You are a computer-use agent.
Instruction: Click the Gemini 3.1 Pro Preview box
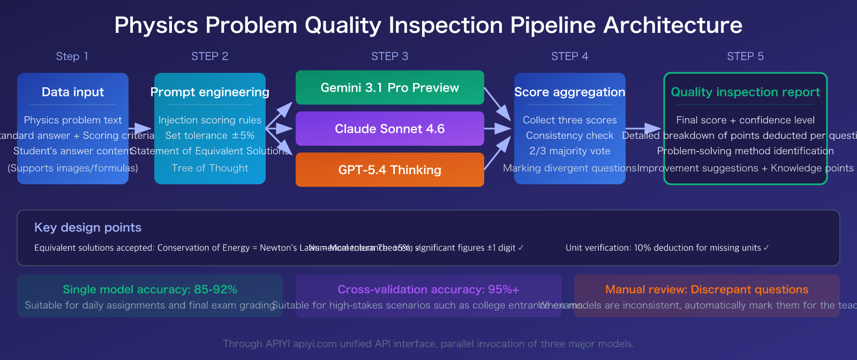tap(389, 88)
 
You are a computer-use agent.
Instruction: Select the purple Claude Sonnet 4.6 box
tap(389, 129)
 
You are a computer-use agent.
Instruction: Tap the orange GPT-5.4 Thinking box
tap(389, 170)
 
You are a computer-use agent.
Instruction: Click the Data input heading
tap(73, 92)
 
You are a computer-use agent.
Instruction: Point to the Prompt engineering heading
tap(209, 92)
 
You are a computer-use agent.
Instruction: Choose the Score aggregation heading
tap(569, 92)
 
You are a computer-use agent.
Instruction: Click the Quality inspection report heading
tap(745, 92)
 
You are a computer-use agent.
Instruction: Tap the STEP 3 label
tap(389, 56)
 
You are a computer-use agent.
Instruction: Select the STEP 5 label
tap(745, 56)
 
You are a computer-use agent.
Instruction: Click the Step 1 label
tap(72, 56)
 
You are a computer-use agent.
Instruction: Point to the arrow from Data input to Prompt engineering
tap(141, 129)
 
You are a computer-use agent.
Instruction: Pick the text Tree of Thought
tap(209, 168)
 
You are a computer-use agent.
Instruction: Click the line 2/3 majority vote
tap(569, 151)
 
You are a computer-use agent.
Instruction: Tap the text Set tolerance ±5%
tap(209, 136)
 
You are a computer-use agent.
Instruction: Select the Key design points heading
tap(88, 228)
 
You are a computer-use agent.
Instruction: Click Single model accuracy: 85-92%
tap(150, 290)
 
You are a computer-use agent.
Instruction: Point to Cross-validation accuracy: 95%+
tap(428, 290)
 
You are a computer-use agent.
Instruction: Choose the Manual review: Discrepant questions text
tap(706, 290)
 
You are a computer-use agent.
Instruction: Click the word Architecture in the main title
tap(673, 25)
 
